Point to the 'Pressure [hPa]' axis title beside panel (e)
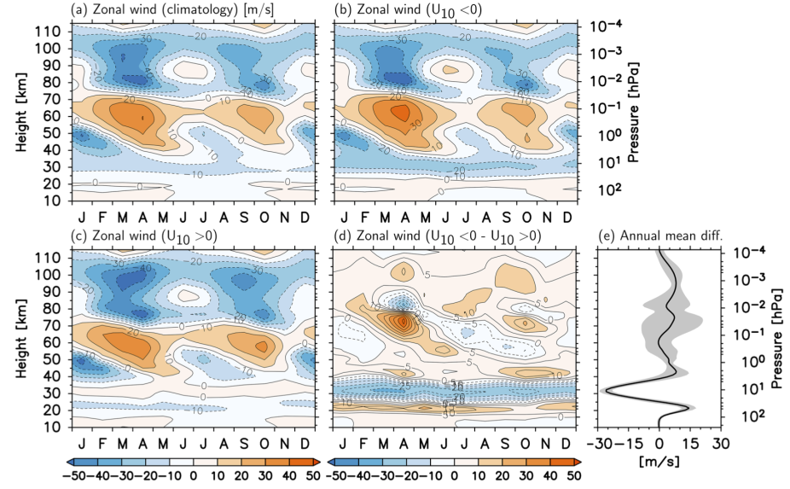pyautogui.click(x=778, y=335)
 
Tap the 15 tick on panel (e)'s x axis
pyautogui.click(x=691, y=445)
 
